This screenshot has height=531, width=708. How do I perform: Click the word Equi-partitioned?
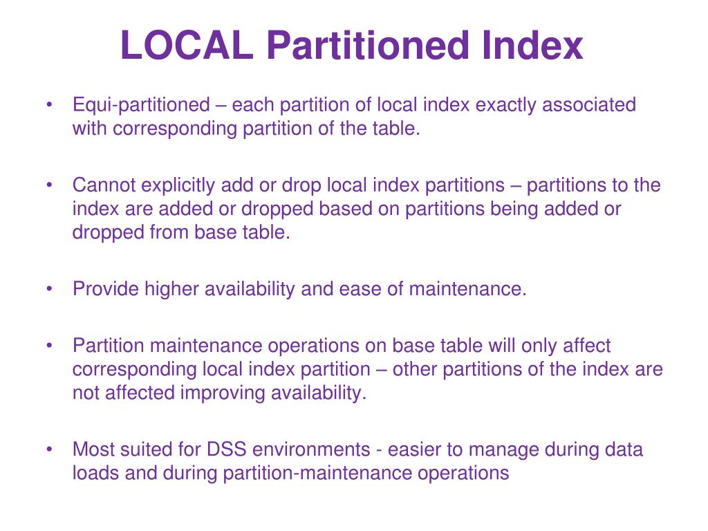click(x=141, y=105)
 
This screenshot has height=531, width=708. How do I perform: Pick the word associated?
click(x=589, y=105)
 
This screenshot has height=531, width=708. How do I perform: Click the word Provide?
click(x=106, y=289)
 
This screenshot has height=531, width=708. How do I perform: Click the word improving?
click(x=221, y=393)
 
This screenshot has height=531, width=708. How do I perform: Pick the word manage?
click(x=500, y=449)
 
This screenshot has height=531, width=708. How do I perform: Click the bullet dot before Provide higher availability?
click(x=50, y=289)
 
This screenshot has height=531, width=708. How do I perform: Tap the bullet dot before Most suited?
click(x=50, y=449)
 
